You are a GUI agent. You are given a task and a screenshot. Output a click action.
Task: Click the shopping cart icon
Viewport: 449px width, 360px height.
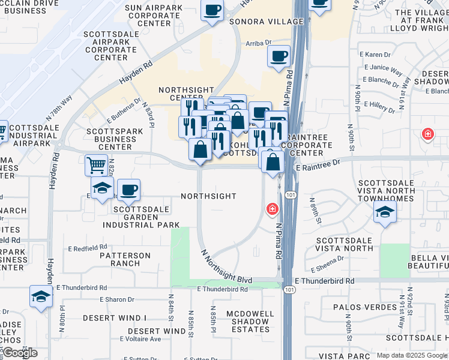pyautogui.click(x=96, y=164)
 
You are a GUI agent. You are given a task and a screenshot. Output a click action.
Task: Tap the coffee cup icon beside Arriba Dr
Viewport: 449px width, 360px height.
pyautogui.click(x=279, y=57)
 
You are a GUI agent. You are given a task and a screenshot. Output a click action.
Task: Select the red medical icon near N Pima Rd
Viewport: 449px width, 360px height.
pyautogui.click(x=272, y=208)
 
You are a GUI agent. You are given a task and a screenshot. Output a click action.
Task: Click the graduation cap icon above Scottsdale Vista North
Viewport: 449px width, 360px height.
pyautogui.click(x=384, y=212)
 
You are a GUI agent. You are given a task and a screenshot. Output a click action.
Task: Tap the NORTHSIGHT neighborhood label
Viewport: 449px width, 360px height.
pyautogui.click(x=208, y=196)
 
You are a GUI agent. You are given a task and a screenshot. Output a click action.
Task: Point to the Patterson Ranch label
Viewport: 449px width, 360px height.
pyautogui.click(x=125, y=259)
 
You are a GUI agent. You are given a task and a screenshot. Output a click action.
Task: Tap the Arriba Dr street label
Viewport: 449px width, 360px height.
pyautogui.click(x=259, y=43)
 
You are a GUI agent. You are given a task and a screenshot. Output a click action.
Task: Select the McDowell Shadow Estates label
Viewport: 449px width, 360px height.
pyautogui.click(x=250, y=321)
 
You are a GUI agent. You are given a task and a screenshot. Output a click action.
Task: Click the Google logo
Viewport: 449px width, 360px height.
pyautogui.click(x=20, y=353)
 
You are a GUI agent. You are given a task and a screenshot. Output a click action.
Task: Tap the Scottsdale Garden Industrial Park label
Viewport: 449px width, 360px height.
pyautogui.click(x=141, y=217)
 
